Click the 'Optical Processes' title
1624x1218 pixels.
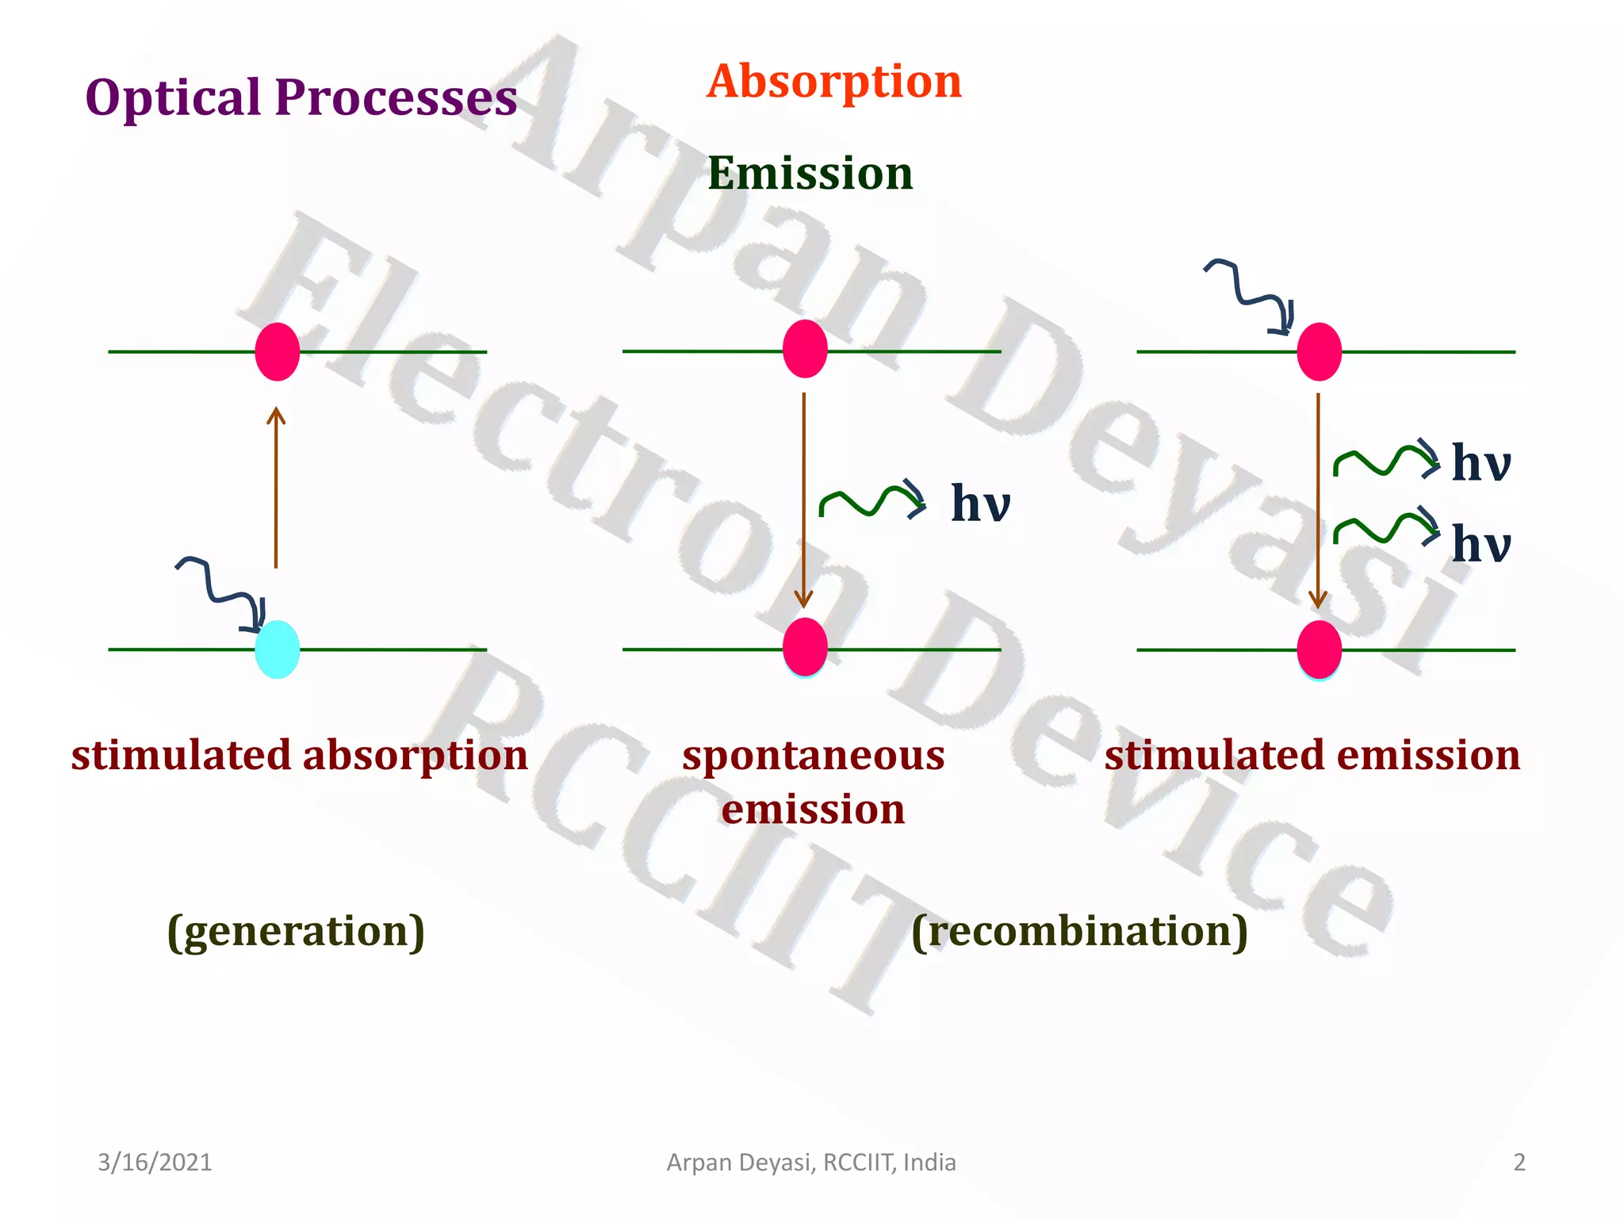(x=301, y=98)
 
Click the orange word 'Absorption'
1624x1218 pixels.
(x=834, y=82)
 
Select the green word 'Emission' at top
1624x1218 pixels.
(x=810, y=174)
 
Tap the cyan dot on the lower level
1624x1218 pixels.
(x=277, y=649)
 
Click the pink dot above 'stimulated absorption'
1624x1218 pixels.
(x=277, y=351)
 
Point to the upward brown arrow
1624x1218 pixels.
(x=276, y=487)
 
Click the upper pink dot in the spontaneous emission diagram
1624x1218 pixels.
(x=805, y=349)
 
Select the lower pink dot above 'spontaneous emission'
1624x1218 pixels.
(x=805, y=646)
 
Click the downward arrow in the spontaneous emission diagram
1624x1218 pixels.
(x=804, y=500)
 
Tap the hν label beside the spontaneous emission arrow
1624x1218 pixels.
(x=980, y=504)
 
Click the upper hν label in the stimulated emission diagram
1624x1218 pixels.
(x=1480, y=463)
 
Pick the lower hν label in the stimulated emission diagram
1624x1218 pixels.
(x=1480, y=545)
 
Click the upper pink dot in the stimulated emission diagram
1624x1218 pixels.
(x=1319, y=351)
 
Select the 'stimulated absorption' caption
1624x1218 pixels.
(x=300, y=755)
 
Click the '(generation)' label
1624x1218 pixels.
(x=296, y=931)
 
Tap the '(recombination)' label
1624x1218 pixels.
(x=1079, y=931)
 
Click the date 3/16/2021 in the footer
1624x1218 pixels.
(x=155, y=1162)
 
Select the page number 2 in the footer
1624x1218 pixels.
(x=1519, y=1162)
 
